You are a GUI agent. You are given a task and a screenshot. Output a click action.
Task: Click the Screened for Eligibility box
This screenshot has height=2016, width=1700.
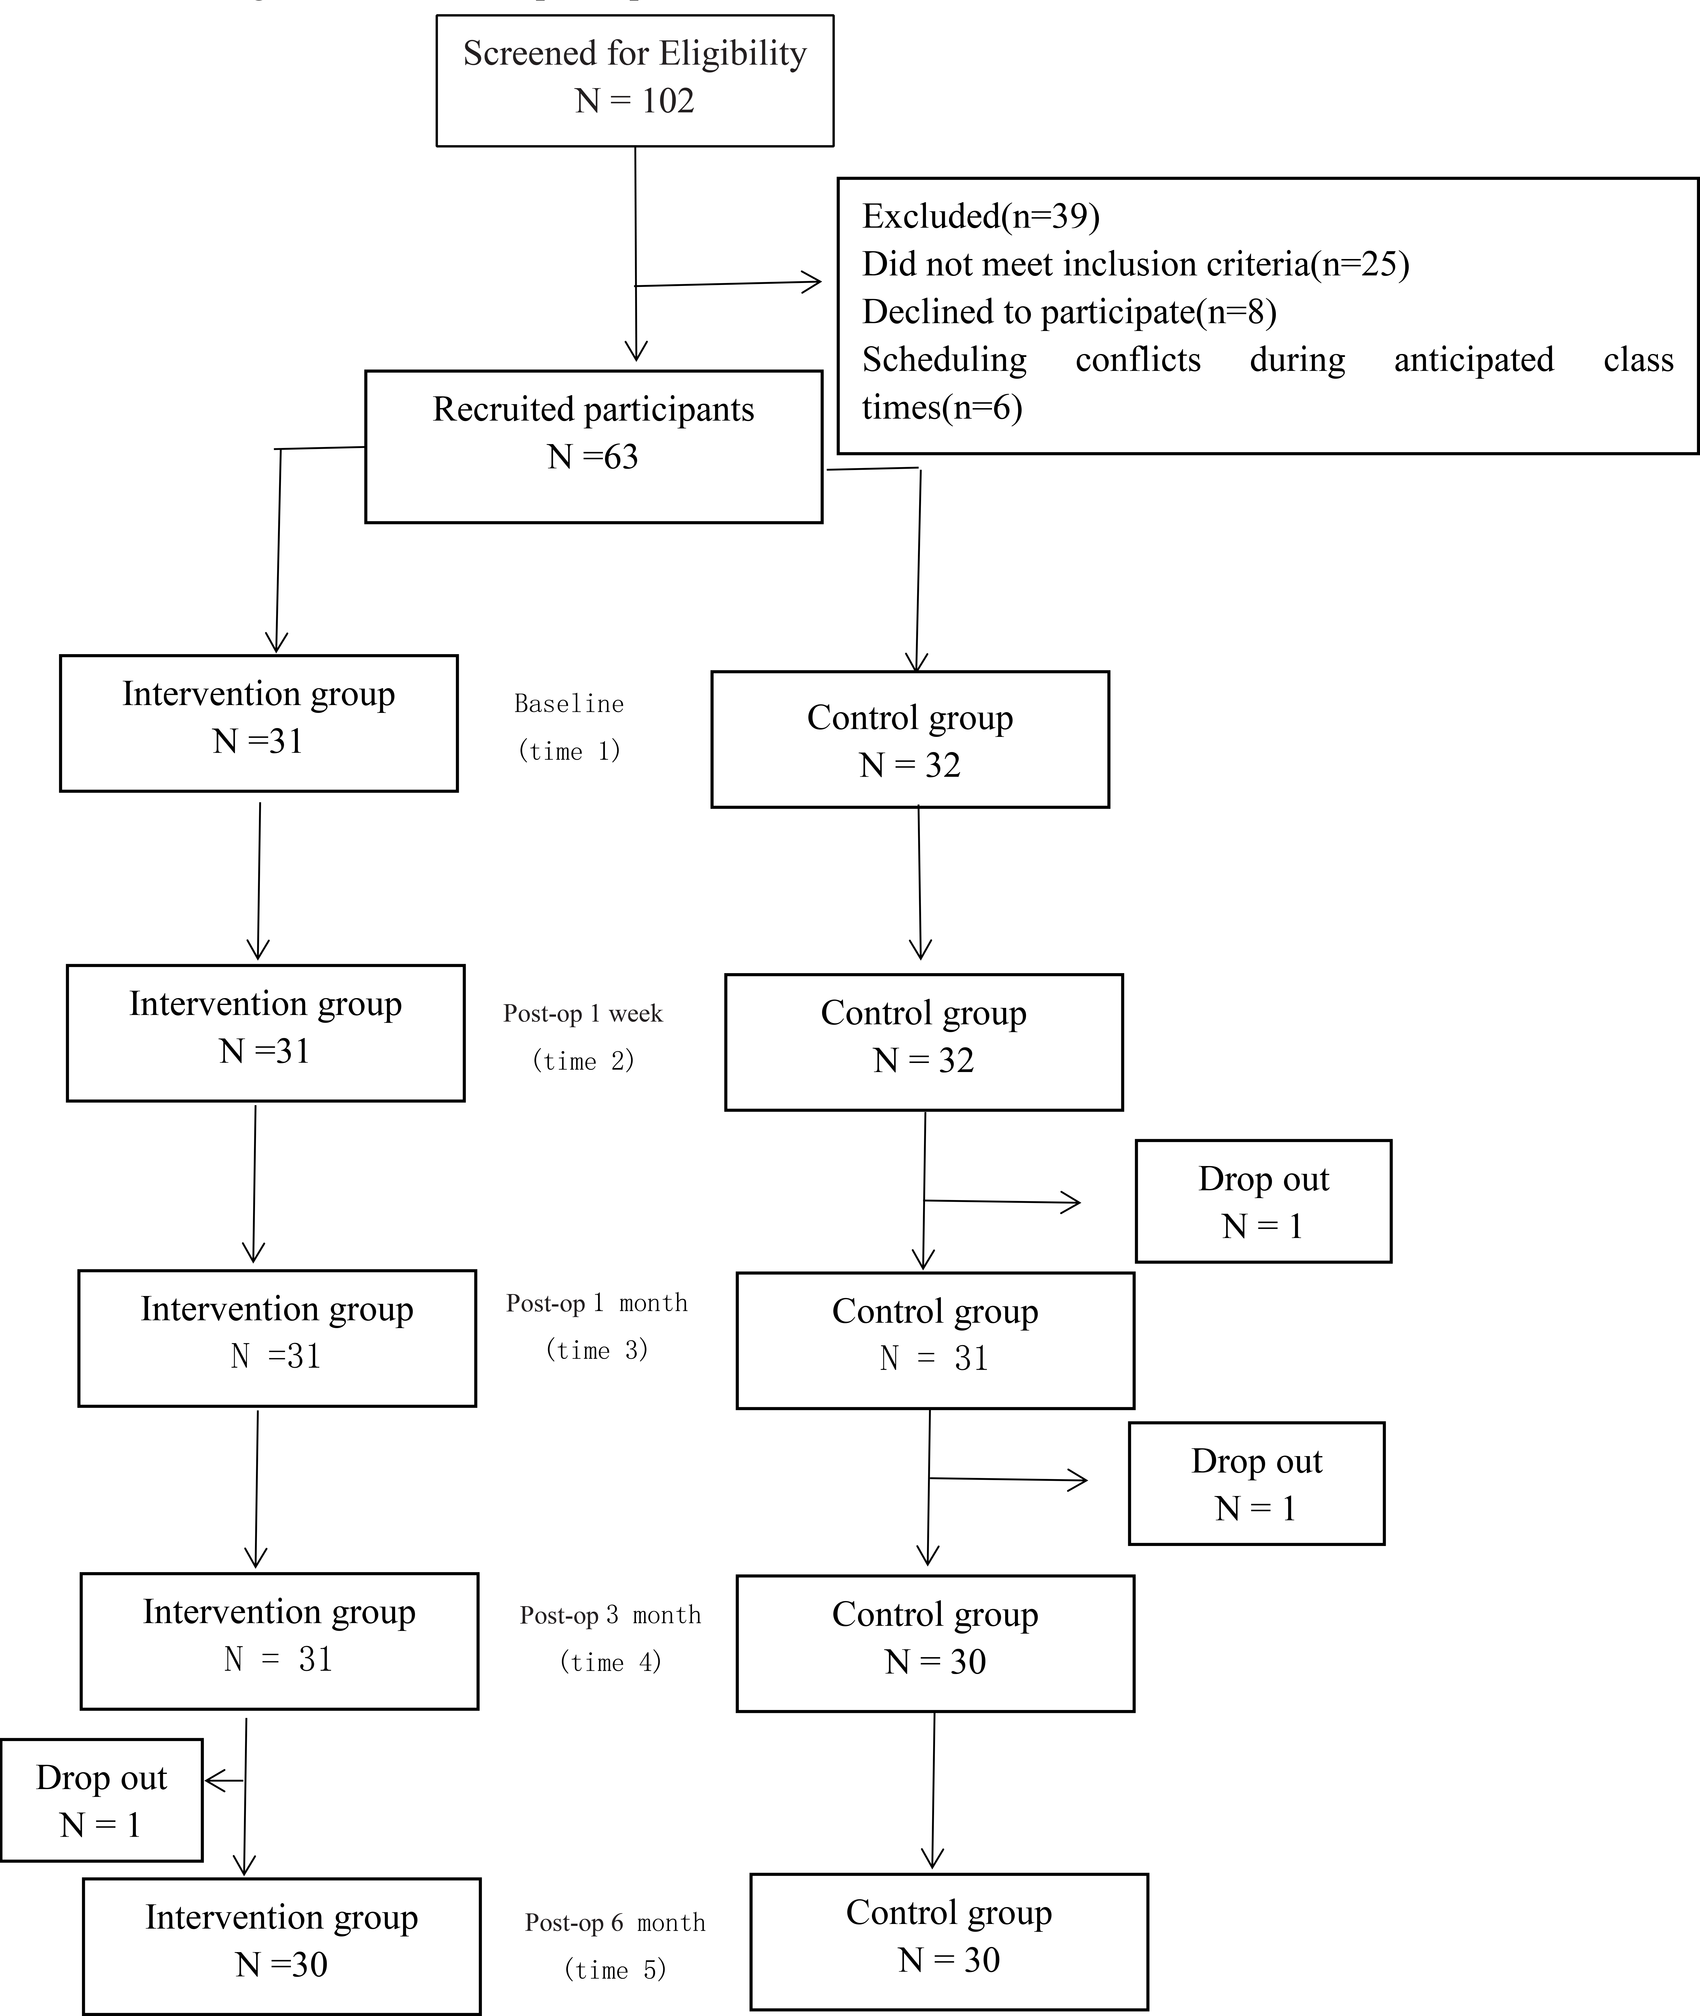(635, 81)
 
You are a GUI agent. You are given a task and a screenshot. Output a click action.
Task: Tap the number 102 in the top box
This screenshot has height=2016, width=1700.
(668, 101)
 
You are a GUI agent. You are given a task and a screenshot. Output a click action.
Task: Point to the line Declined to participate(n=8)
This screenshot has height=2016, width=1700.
(1070, 312)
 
